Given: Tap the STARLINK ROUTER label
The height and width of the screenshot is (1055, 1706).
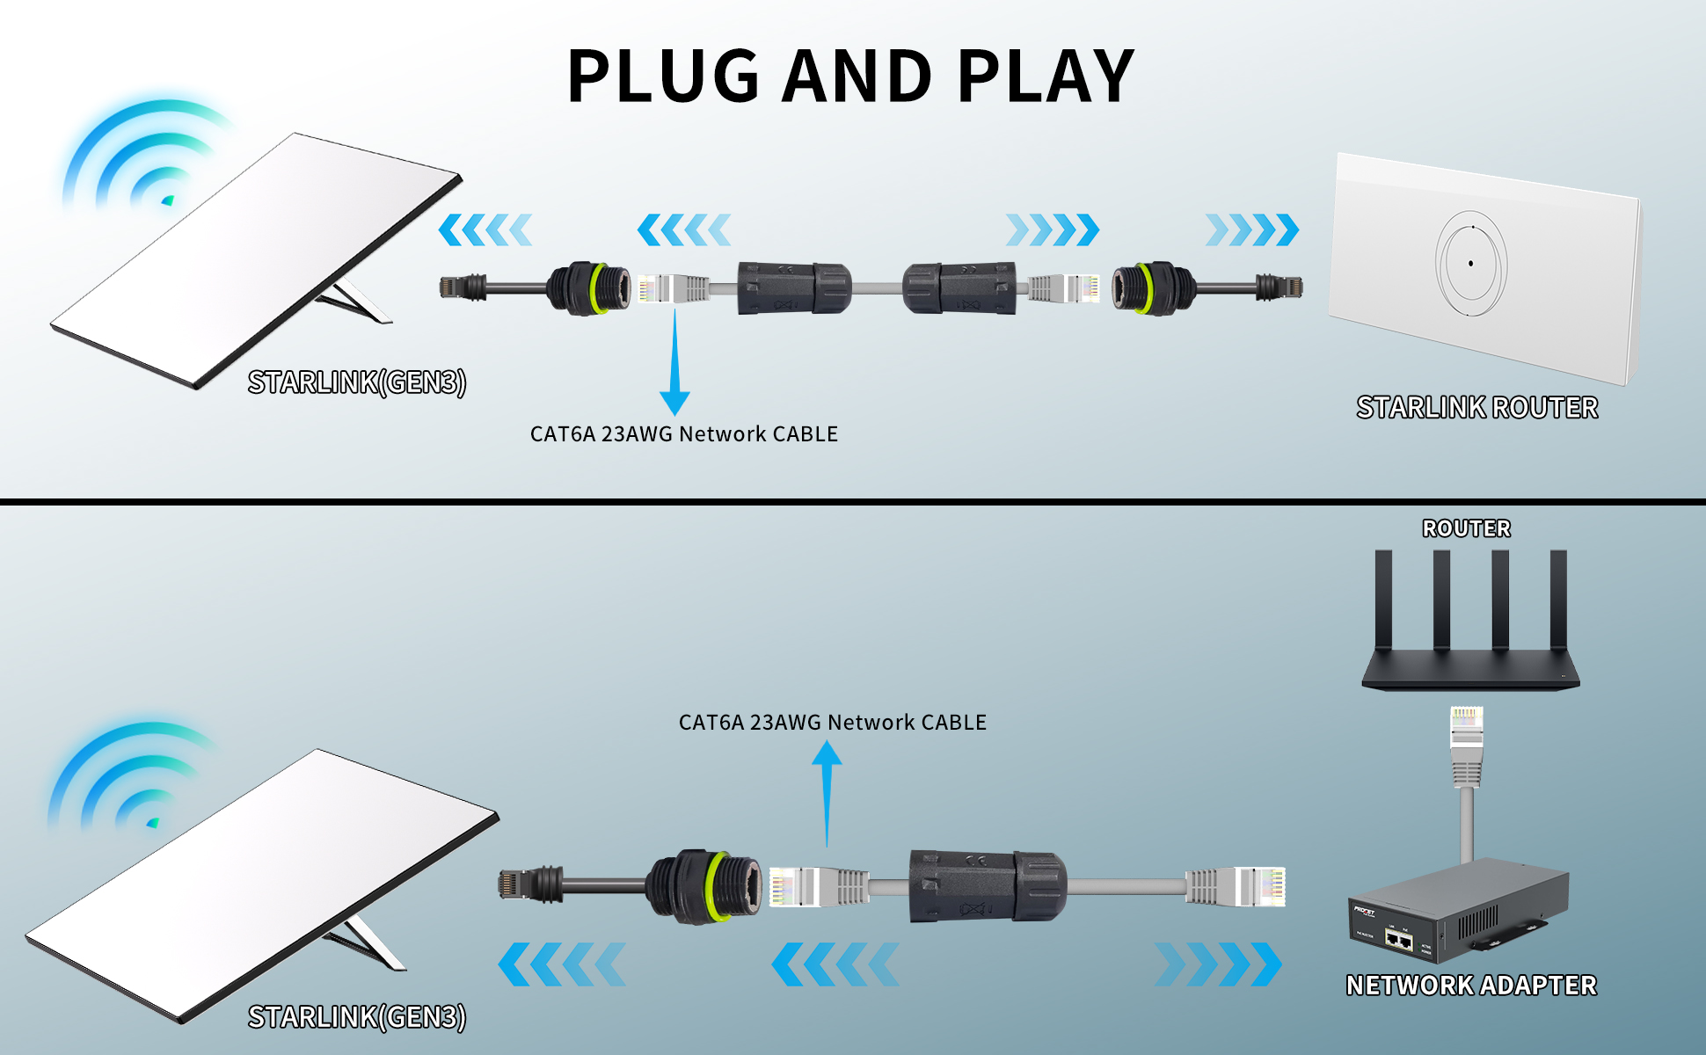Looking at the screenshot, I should coord(1476,408).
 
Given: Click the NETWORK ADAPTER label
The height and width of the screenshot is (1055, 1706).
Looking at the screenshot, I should coord(1470,986).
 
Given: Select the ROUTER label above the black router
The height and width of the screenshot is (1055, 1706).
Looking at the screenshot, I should coord(1466,528).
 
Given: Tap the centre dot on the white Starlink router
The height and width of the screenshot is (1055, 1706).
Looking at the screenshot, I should coord(1470,263).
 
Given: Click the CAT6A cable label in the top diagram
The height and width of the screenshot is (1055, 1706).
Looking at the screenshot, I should coord(683,434).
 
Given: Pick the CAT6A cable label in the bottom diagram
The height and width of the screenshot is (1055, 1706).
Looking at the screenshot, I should coord(832,723).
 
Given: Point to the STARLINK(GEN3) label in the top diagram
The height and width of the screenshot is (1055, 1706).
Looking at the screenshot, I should coord(356,382).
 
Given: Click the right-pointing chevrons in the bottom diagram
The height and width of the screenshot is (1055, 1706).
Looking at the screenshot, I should coord(1218,964).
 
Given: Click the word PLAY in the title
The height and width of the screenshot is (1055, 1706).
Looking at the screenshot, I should coord(1046,76).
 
